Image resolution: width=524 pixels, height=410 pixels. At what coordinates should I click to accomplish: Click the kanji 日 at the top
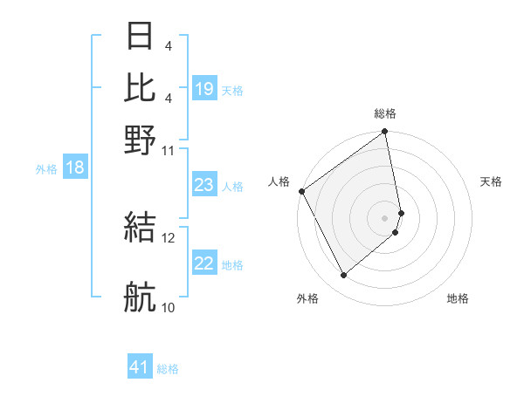(x=140, y=37)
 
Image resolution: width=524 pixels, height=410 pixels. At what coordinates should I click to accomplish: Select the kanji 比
(x=140, y=88)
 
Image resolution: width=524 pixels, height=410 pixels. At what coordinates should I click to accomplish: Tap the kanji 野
(x=140, y=140)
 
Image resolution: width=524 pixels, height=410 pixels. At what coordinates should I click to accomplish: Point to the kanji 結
(x=140, y=228)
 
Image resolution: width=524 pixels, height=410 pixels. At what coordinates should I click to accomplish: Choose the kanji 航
(x=140, y=297)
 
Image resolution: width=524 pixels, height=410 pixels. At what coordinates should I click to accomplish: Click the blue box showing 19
(x=204, y=89)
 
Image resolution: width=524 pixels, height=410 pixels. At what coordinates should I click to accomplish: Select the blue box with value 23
(x=204, y=185)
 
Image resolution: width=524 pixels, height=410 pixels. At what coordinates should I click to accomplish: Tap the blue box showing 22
(x=204, y=263)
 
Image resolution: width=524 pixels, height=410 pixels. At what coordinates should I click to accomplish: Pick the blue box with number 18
(x=74, y=167)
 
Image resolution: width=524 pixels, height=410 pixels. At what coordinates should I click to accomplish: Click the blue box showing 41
(x=140, y=368)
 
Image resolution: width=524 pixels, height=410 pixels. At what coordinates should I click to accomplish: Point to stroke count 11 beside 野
(x=169, y=150)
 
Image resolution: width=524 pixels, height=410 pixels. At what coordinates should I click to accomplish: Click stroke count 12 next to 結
(x=169, y=237)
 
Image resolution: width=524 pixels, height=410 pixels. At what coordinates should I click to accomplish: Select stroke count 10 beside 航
(x=169, y=307)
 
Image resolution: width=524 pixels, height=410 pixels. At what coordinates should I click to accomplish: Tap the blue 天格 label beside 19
(x=232, y=90)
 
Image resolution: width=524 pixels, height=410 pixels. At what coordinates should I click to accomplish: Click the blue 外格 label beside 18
(x=46, y=168)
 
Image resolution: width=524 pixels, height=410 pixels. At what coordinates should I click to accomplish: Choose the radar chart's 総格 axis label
(x=385, y=113)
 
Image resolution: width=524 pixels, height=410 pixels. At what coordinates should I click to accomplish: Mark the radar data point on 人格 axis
(x=301, y=191)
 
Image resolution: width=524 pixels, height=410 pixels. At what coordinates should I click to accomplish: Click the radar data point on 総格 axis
(x=385, y=133)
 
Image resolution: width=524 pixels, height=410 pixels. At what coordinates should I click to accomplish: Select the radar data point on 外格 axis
(x=343, y=276)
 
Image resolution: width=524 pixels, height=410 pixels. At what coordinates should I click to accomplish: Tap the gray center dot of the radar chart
(x=385, y=216)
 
